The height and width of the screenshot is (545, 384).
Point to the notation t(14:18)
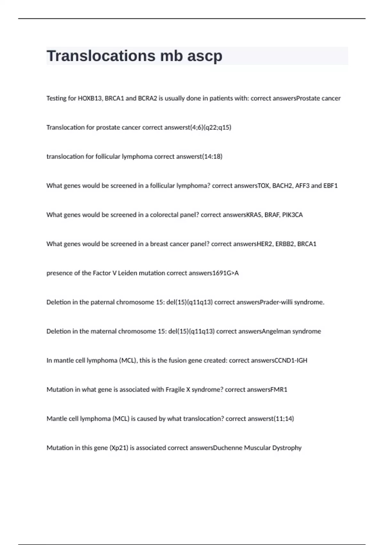click(x=212, y=156)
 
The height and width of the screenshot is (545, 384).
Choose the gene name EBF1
click(x=331, y=186)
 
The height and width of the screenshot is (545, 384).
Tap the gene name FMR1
click(x=279, y=390)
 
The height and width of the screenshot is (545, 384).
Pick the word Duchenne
click(x=231, y=448)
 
